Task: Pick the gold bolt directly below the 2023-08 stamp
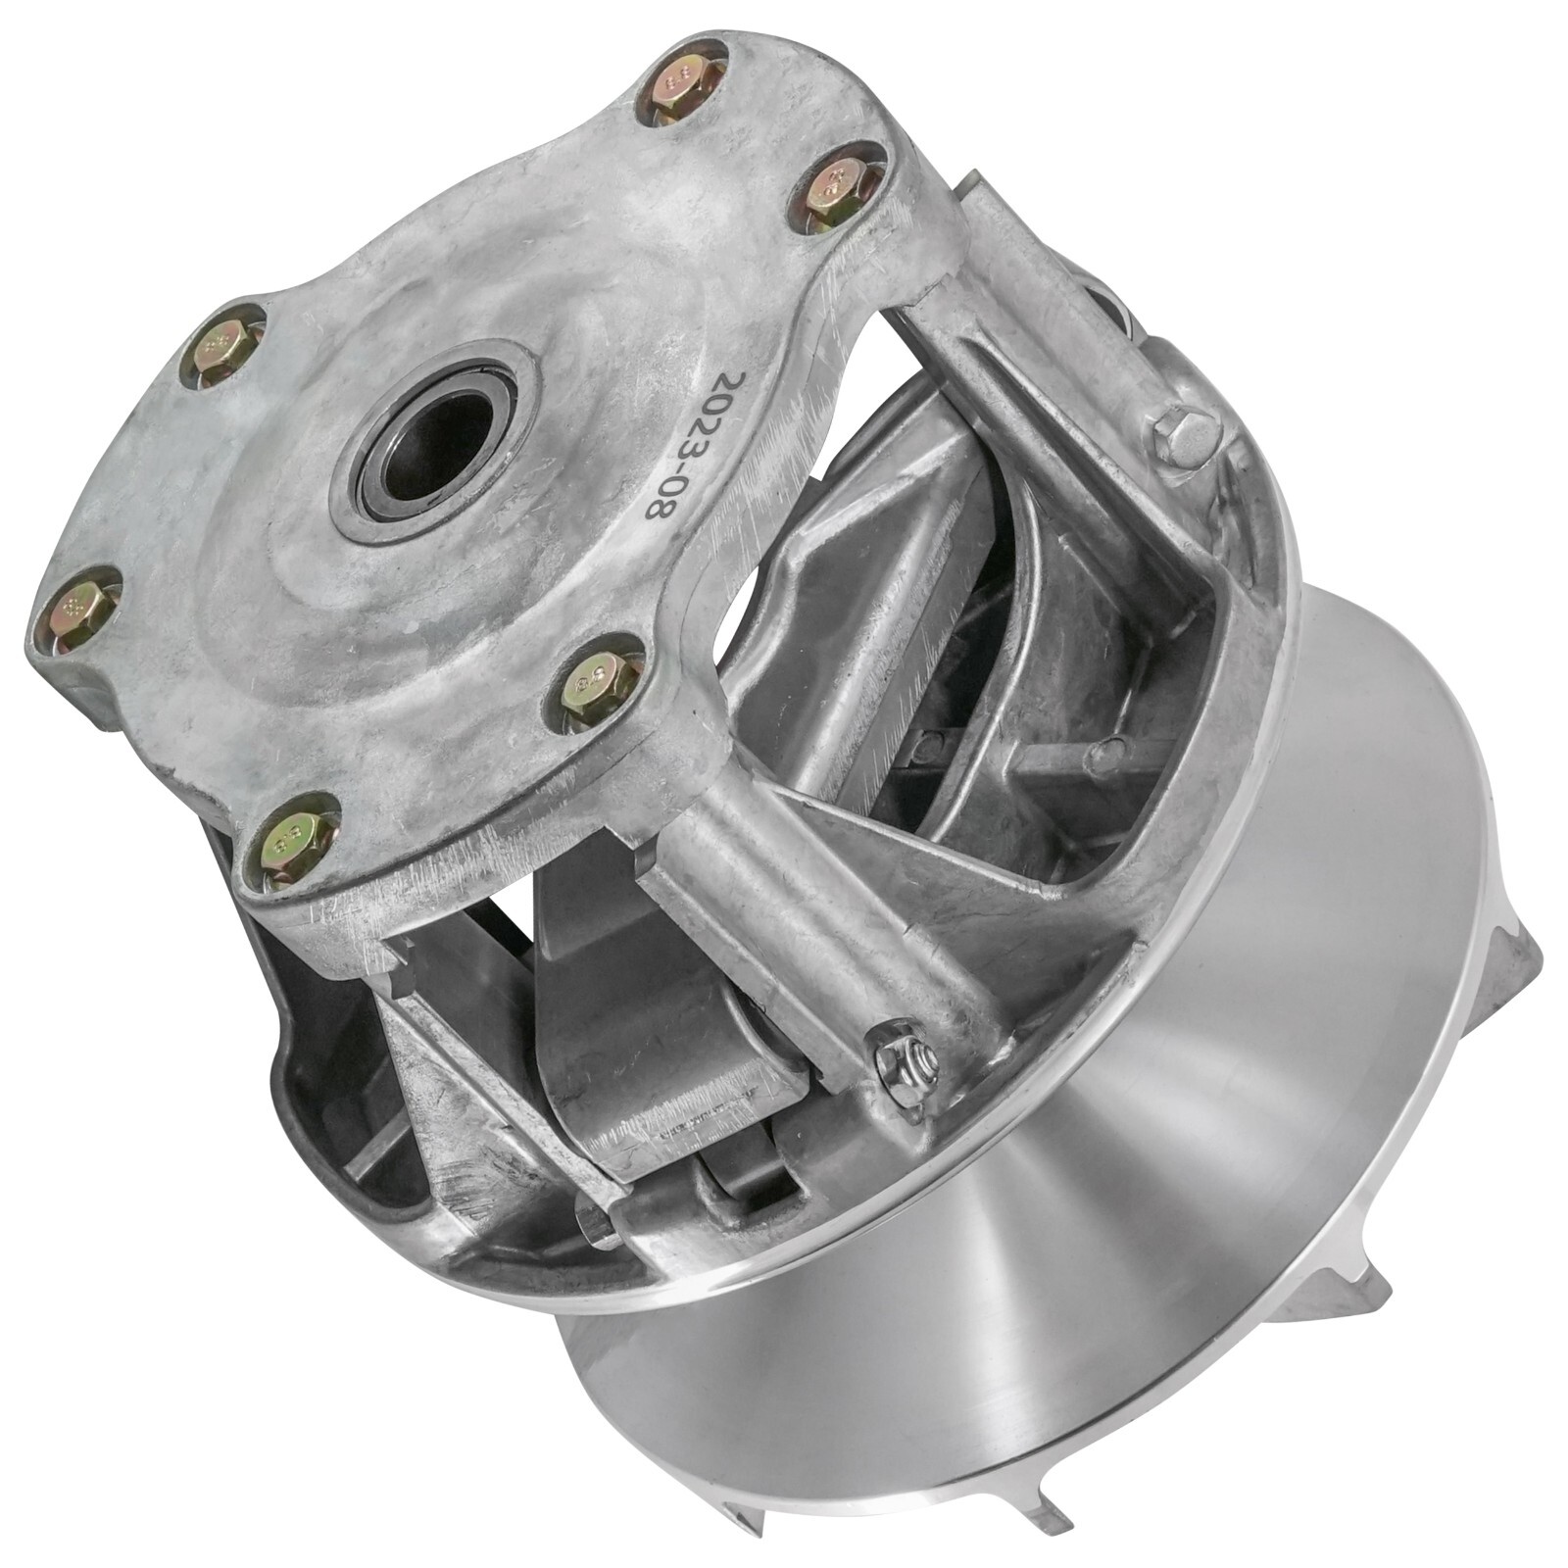(x=599, y=678)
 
